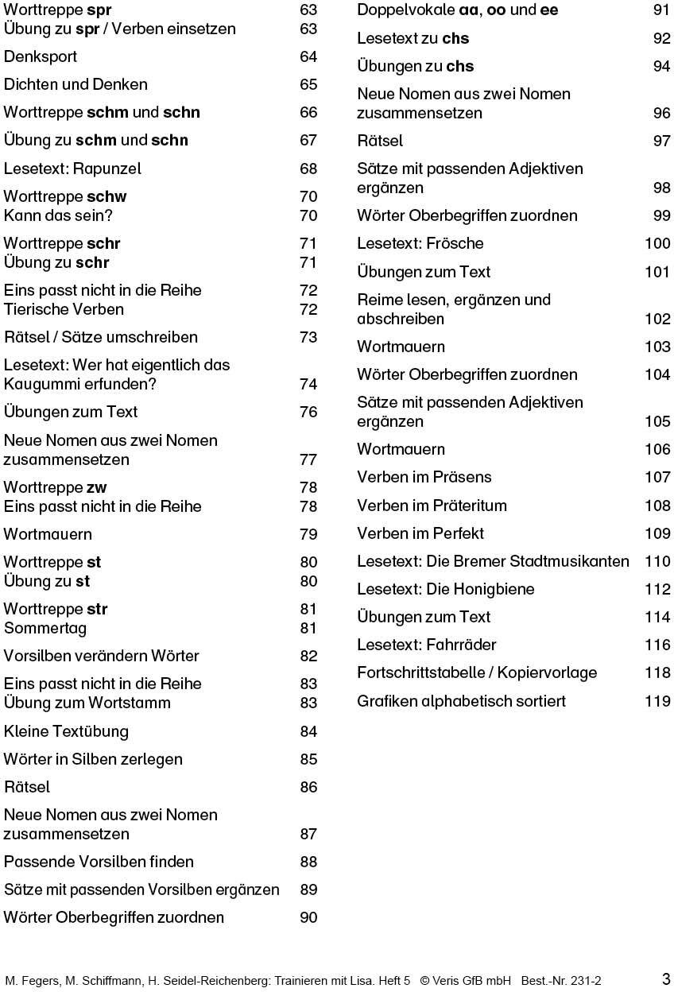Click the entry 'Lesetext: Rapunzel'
(72, 169)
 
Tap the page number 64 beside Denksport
(308, 57)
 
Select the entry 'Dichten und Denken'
(76, 84)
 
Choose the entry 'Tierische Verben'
(64, 309)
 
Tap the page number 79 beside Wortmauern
(308, 534)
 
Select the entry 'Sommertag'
(45, 628)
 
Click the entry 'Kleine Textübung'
(66, 731)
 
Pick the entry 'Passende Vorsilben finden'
(99, 862)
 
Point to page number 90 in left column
(308, 917)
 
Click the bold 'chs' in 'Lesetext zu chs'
(455, 38)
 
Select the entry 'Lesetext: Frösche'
(420, 243)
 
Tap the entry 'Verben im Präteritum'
(432, 506)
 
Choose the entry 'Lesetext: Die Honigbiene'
(445, 589)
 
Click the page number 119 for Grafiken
(657, 701)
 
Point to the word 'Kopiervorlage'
(547, 672)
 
